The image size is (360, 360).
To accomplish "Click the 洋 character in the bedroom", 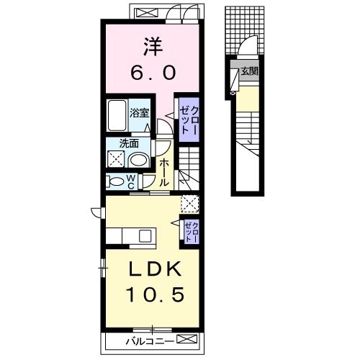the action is [x=153, y=47].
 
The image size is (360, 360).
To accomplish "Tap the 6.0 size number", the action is [x=153, y=73].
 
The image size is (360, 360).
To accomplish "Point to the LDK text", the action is [x=155, y=269].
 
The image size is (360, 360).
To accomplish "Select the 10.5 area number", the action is [x=155, y=294].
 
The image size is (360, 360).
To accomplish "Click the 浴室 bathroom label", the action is [x=140, y=113].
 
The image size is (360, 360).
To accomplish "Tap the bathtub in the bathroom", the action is [x=117, y=115].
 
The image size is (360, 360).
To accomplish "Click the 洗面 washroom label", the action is [x=129, y=143].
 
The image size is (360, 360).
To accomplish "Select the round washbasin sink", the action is [x=139, y=161].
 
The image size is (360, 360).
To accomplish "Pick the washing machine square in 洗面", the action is [x=116, y=159].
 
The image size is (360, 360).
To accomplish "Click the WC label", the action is [x=131, y=181].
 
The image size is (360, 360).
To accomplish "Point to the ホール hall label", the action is [x=163, y=172].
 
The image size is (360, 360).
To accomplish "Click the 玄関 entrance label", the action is [x=250, y=71].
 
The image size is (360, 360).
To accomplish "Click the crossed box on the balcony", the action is [x=186, y=339].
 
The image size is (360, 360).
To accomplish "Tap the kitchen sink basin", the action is [x=145, y=236].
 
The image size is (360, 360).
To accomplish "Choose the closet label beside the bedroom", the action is [x=189, y=120].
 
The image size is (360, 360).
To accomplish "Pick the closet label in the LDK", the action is [x=192, y=232].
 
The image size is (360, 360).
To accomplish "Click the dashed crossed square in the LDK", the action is [x=190, y=204].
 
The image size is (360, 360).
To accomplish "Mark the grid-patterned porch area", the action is [x=245, y=30].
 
